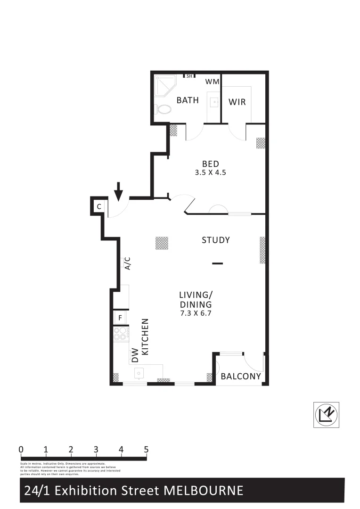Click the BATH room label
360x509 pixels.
pos(188,100)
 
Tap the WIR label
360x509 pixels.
pos(237,102)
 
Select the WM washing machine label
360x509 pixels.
pos(213,82)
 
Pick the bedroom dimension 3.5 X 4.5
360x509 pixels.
pos(211,172)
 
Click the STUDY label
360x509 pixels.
pos(216,240)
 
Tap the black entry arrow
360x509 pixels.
pos(119,191)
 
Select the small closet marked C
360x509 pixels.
pos(98,206)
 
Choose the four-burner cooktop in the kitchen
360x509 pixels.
pos(121,334)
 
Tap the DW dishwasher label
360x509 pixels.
pos(135,354)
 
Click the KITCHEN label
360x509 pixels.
pos(146,337)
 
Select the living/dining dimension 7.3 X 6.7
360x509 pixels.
pos(195,313)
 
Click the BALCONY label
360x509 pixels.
pos(241,377)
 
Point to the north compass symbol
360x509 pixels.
pos(326,415)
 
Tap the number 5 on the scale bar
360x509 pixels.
pos(146,449)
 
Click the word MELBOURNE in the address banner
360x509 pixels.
pos(203,491)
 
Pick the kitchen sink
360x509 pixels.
pos(139,373)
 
